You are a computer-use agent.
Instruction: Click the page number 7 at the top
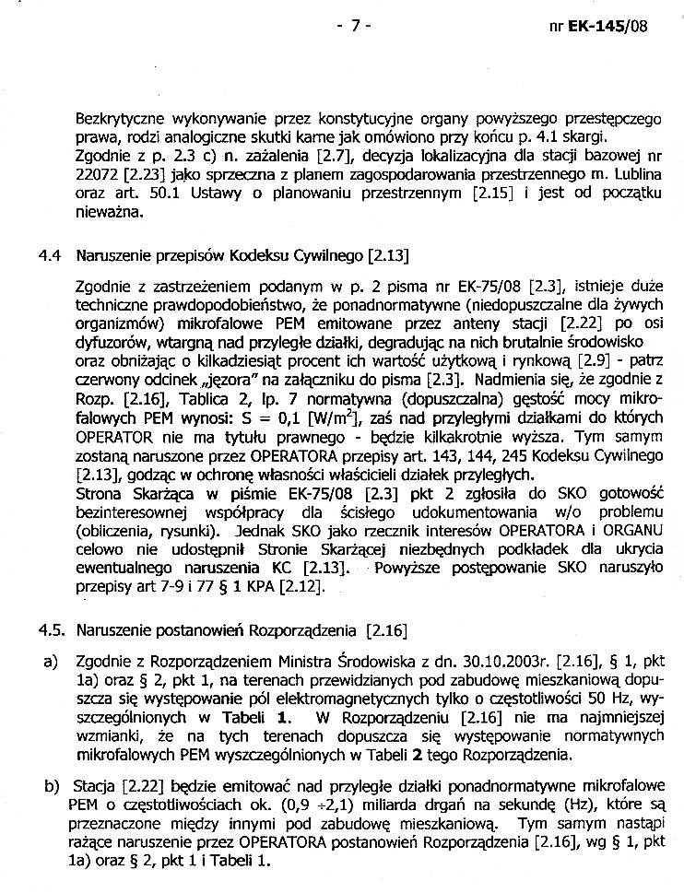point(354,25)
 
